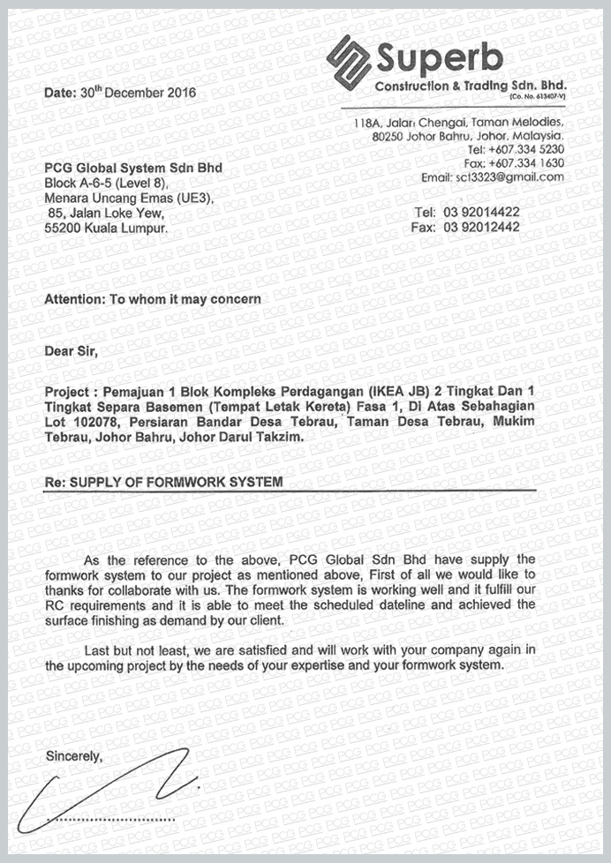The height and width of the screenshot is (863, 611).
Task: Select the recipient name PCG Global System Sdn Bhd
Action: pyautogui.click(x=133, y=168)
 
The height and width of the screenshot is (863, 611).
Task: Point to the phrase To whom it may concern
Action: pyautogui.click(x=185, y=299)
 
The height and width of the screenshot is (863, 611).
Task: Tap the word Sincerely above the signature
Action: pyautogui.click(x=74, y=756)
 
